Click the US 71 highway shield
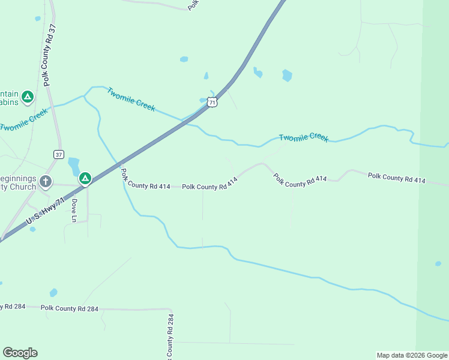212,101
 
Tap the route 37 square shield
58,154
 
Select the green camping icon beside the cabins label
27,96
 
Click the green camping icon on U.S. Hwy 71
85,178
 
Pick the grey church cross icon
46,181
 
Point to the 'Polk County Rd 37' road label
48,55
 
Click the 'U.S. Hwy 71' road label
46,213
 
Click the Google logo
20,353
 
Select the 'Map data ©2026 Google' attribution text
411,355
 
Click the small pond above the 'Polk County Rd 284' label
53,293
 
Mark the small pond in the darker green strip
438,263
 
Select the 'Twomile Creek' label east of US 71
304,137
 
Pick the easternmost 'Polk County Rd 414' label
397,178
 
